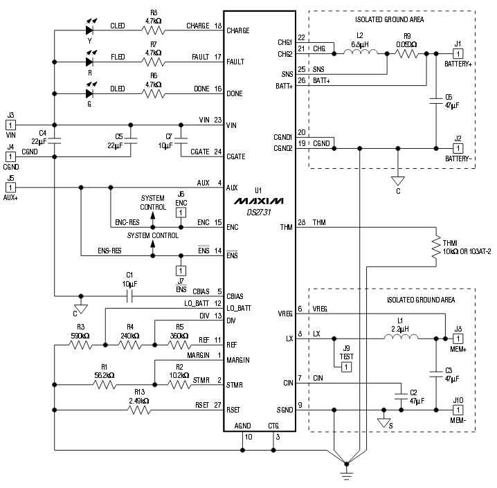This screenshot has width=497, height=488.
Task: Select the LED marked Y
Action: pos(89,30)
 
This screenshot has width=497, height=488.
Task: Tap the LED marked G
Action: pos(89,93)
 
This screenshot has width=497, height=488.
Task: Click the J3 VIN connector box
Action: pos(10,125)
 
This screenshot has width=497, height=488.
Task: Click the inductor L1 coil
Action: pos(401,338)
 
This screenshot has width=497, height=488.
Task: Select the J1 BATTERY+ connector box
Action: pos(458,53)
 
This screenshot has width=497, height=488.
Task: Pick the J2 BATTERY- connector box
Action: pos(458,148)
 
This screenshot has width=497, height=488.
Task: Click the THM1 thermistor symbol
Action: pos(436,246)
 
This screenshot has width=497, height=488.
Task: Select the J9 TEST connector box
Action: pos(346,366)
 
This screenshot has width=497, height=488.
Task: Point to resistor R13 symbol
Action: pos(138,409)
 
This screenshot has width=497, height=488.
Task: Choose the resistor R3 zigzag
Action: pos(80,345)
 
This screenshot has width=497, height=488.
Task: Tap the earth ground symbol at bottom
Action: pos(343,473)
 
